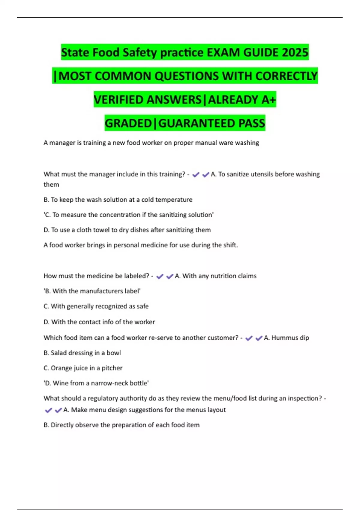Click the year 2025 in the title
295,52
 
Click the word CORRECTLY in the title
286,76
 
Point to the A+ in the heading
268,100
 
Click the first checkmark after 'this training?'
196,175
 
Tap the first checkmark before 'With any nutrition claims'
160,276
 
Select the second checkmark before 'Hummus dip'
259,338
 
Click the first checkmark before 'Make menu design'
48,410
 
